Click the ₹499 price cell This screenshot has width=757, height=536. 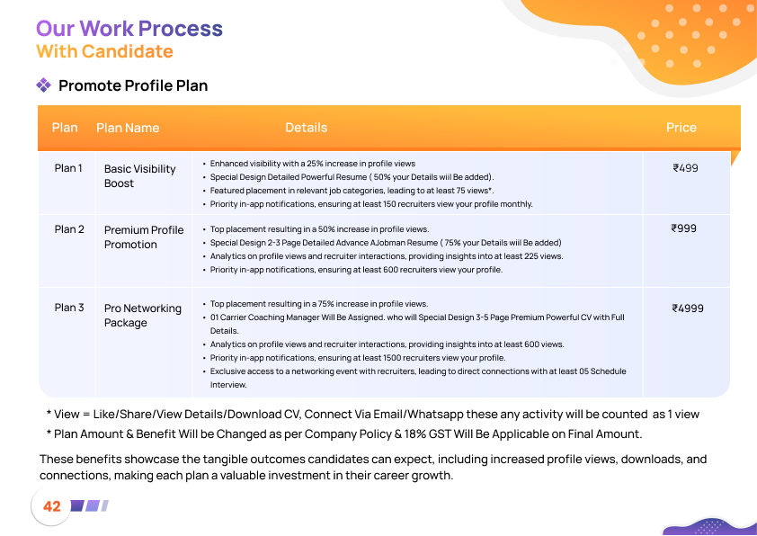[685, 168]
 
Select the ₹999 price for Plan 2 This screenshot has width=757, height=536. [684, 228]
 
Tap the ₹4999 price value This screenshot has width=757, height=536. [688, 308]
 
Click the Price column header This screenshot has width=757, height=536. [681, 128]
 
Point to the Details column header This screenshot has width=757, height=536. [306, 128]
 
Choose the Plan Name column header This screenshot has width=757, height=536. [128, 128]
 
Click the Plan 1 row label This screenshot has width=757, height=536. [68, 168]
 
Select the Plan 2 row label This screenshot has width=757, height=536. [69, 228]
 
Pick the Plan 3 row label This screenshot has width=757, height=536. [69, 308]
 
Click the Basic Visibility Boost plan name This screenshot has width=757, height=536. [139, 176]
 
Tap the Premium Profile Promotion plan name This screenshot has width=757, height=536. [143, 237]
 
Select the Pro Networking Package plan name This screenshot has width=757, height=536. [142, 316]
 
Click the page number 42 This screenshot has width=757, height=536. [52, 506]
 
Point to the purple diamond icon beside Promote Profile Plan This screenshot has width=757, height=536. [43, 85]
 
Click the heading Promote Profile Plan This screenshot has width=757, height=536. [133, 86]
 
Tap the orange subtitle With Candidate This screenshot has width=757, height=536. [104, 51]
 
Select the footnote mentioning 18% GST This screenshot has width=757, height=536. [344, 434]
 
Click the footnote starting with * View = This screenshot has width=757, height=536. [372, 415]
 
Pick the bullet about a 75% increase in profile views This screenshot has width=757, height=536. [318, 304]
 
